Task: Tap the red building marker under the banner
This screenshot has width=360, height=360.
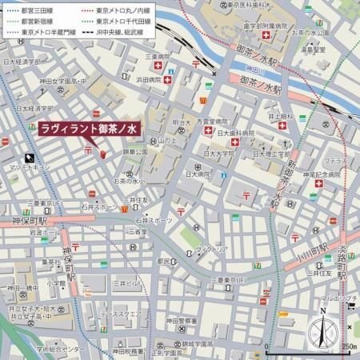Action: (102, 153)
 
